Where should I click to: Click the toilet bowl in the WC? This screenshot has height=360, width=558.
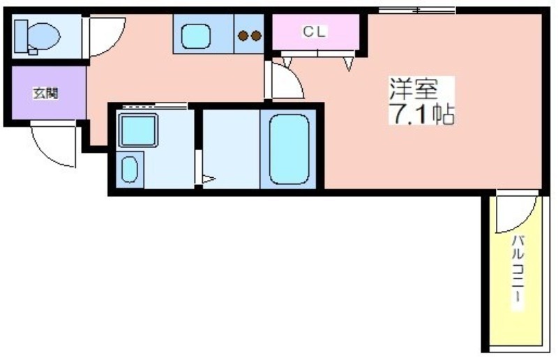click(43, 36)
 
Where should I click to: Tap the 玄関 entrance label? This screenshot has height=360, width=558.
click(45, 93)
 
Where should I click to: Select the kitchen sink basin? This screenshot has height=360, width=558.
click(196, 36)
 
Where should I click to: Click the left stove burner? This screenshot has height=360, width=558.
click(243, 36)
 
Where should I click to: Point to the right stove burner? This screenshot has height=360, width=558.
click(256, 36)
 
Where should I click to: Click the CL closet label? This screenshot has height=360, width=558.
click(315, 32)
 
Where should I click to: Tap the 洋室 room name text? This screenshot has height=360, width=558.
click(414, 89)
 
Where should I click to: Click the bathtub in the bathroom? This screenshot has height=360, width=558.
click(289, 149)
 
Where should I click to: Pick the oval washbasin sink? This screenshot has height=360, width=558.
click(130, 170)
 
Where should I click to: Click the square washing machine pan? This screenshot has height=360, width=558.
click(138, 130)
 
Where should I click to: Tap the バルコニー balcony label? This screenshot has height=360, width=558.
click(518, 272)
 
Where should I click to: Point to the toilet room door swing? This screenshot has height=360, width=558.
click(114, 45)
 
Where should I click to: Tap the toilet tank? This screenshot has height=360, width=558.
click(21, 36)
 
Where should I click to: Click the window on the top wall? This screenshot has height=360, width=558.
click(417, 10)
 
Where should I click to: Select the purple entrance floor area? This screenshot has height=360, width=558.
click(49, 93)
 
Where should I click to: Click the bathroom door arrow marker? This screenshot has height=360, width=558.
click(209, 179)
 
